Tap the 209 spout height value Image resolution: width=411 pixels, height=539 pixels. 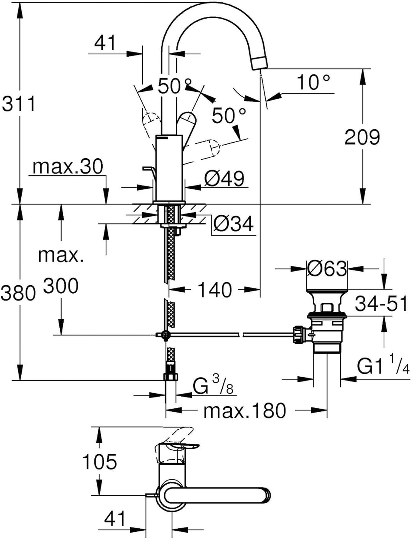[x=362, y=137]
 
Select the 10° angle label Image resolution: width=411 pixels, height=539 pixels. [x=313, y=82]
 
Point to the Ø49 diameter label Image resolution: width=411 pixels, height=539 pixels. [x=224, y=178]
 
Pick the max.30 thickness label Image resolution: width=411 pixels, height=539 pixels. [x=68, y=167]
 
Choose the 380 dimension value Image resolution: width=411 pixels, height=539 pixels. [x=18, y=293]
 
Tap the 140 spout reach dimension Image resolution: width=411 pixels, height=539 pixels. [x=215, y=290]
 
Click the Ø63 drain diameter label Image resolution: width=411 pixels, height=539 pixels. [x=327, y=269]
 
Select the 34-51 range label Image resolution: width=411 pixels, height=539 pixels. [x=381, y=304]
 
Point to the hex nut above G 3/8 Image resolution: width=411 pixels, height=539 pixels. [x=170, y=377]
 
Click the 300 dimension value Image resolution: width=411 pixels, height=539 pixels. [x=61, y=286]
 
